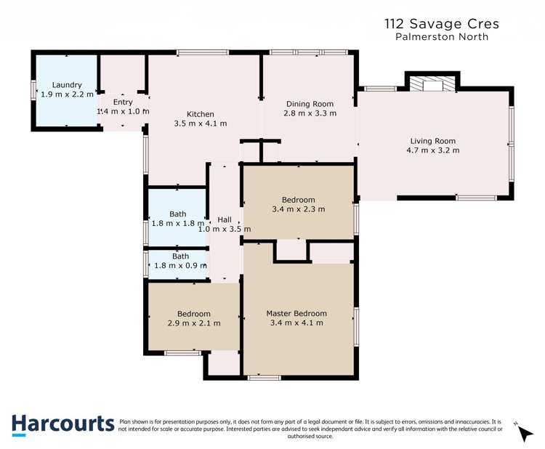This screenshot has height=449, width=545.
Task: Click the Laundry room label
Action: (67, 85)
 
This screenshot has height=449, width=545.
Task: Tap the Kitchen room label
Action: (201, 114)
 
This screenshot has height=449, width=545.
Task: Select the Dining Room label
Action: (310, 104)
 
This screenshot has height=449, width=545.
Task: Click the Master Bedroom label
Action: (296, 314)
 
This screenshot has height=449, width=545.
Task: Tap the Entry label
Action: (123, 102)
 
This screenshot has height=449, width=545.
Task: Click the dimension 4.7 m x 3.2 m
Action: (435, 150)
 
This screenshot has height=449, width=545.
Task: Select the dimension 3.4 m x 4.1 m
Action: (296, 323)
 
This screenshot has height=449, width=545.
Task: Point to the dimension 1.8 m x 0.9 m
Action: (179, 266)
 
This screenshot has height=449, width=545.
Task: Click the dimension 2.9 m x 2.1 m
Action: (194, 323)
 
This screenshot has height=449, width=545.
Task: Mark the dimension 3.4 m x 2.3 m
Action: (298, 209)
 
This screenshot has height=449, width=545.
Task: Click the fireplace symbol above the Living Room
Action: (432, 86)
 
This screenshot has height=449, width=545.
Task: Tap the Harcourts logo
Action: (62, 424)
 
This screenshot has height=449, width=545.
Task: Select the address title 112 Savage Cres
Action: (442, 24)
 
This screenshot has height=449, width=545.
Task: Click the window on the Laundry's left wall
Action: (33, 90)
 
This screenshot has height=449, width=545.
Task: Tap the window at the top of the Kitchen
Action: (203, 52)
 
